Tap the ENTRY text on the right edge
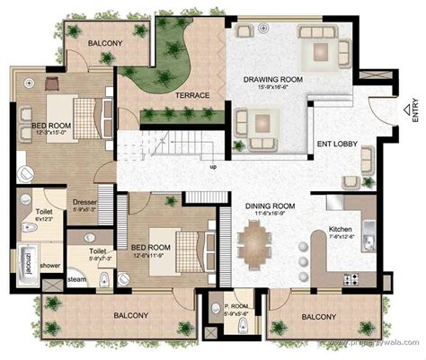coord(415,110)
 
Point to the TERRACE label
coord(191,95)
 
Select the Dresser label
coord(85,203)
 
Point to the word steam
coord(52,281)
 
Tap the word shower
coord(50,266)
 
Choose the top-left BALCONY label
coord(106,43)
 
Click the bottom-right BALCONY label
coord(319,317)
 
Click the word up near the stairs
coord(212,167)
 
